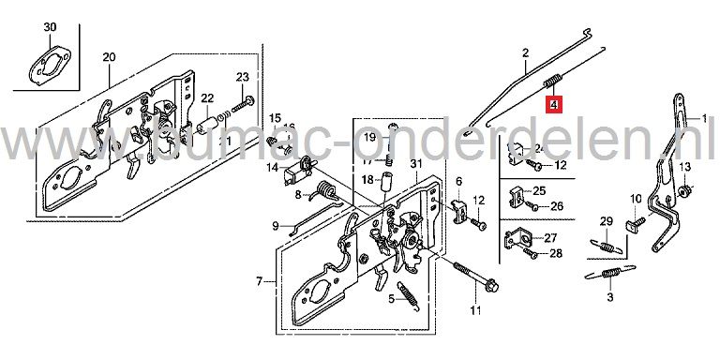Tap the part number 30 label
pos(50,28)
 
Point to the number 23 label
pos(242,77)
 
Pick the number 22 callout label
pos(207,97)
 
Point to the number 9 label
pos(276,225)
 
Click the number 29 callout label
pos(606,221)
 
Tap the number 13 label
pos(683,166)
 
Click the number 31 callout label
pos(415,165)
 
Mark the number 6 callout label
pos(459,181)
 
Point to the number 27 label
pos(550,237)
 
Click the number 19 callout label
pos(369,138)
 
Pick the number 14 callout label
pos(272,169)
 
